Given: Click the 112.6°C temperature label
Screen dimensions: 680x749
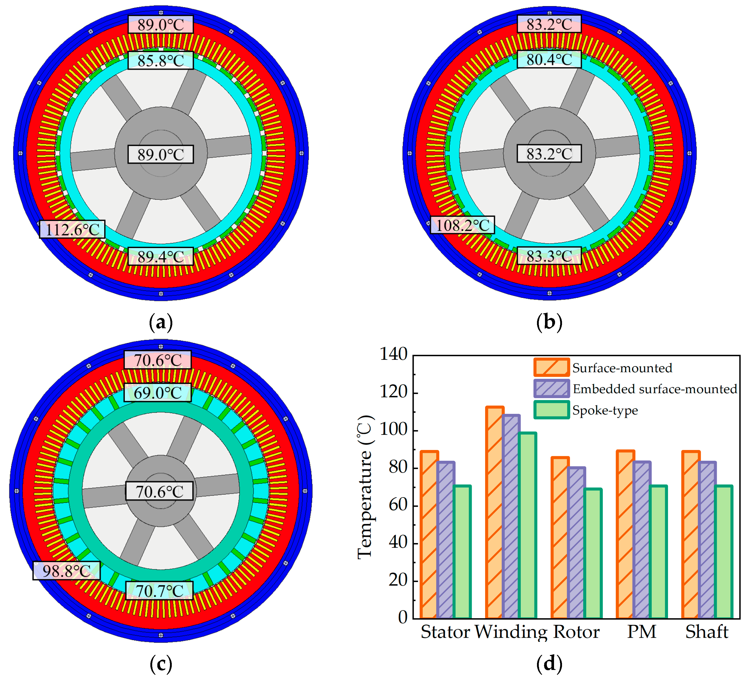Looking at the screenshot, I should [72, 230].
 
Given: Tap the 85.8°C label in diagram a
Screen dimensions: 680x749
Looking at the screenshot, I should [160, 60].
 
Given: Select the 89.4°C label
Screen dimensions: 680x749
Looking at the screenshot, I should [160, 256].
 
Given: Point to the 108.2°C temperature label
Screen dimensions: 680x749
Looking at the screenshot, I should [462, 225].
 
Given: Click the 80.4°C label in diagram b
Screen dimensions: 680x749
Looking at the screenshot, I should [549, 59].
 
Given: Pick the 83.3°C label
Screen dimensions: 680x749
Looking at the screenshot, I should [549, 256].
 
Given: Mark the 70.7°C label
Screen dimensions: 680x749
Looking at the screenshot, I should [159, 591].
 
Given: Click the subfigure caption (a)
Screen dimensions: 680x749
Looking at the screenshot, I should [160, 322].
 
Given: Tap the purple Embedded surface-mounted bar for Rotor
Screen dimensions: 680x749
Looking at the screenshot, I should [576, 543].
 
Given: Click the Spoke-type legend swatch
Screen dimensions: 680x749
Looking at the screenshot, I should [552, 410].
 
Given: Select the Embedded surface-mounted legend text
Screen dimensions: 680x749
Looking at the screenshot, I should [655, 389].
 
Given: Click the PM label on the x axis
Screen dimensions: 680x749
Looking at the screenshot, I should [642, 632].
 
